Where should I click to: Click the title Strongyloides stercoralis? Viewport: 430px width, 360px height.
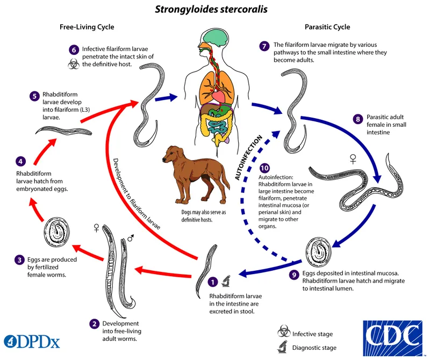pyautogui.click(x=214, y=9)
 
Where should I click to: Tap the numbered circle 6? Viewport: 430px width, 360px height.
pyautogui.click(x=75, y=49)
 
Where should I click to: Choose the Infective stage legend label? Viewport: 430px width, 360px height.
pyautogui.click(x=312, y=334)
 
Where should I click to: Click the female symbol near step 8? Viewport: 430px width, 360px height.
pyautogui.click(x=353, y=158)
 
